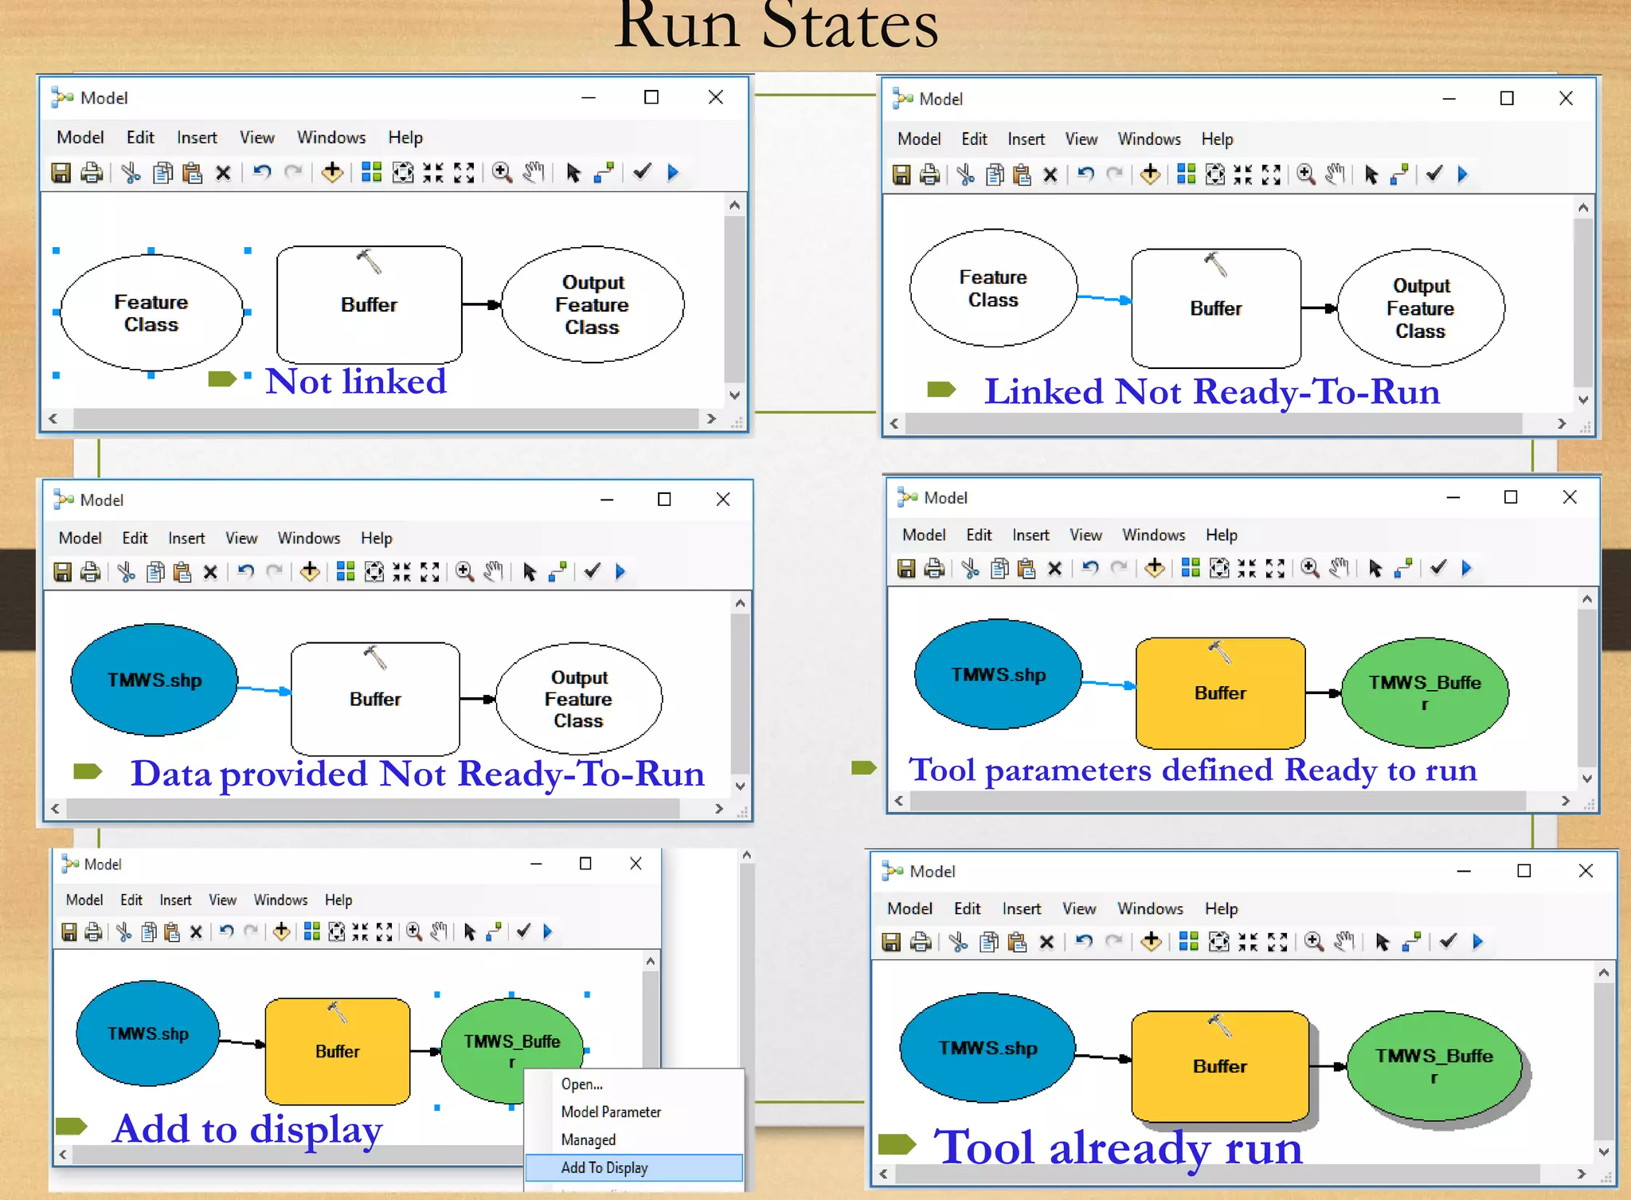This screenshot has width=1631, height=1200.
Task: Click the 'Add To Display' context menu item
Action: (604, 1167)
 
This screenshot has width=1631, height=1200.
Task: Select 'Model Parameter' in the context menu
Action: (611, 1112)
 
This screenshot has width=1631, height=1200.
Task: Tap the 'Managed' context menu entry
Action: (588, 1139)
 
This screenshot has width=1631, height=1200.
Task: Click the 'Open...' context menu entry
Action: (581, 1084)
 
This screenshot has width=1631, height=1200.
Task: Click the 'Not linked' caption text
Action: (355, 382)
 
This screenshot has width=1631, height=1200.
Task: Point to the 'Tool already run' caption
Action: (1117, 1148)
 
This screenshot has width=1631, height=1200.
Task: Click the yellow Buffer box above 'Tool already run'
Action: (1219, 1065)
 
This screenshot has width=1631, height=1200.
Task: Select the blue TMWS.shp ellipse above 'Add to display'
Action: (148, 1033)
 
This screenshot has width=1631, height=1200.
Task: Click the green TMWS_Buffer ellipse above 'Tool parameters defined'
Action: (1425, 692)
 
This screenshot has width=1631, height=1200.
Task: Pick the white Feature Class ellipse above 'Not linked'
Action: (151, 312)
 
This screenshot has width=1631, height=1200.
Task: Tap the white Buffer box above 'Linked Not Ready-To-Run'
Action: (1215, 308)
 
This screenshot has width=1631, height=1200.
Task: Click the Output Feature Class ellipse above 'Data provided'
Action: (579, 699)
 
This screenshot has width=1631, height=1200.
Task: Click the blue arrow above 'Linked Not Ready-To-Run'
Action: (1104, 299)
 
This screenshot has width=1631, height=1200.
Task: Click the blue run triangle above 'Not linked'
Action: (673, 172)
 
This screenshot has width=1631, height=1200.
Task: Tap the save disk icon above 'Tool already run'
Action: (891, 942)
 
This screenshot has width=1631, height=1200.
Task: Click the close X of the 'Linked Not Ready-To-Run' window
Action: (1566, 98)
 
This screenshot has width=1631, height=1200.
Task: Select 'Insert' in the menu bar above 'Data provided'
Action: (186, 538)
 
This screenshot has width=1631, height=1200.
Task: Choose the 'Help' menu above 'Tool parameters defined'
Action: (1221, 535)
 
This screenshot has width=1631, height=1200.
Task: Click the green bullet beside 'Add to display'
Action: (72, 1126)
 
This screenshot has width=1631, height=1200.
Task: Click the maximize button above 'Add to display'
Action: (585, 864)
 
